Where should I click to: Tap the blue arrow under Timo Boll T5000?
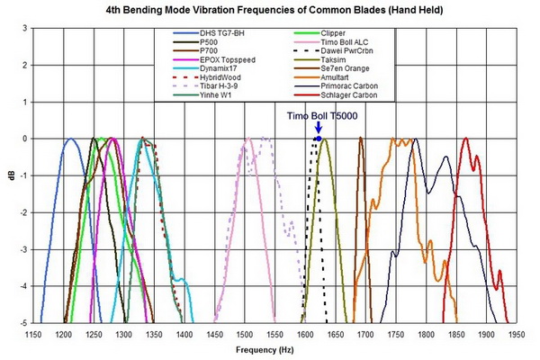(x=319, y=129)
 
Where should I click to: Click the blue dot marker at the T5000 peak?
(x=318, y=139)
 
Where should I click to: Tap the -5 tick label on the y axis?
(x=23, y=322)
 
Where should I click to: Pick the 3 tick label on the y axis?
(x=25, y=28)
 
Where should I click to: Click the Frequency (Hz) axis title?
(x=274, y=348)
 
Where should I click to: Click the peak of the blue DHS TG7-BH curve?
(x=69, y=139)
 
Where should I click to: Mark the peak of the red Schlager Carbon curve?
(x=465, y=139)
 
